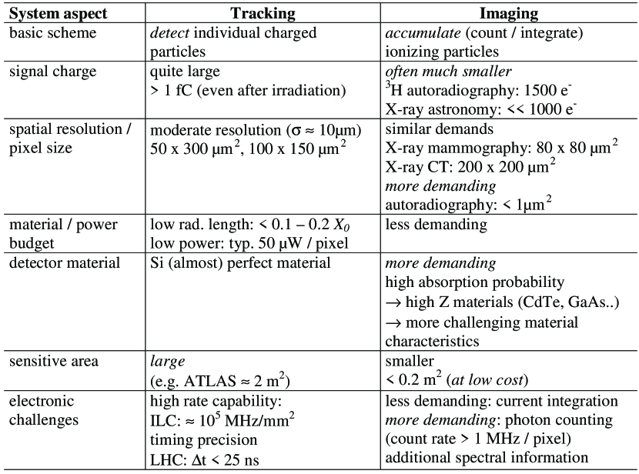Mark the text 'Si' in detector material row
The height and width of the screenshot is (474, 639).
pos(158,263)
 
